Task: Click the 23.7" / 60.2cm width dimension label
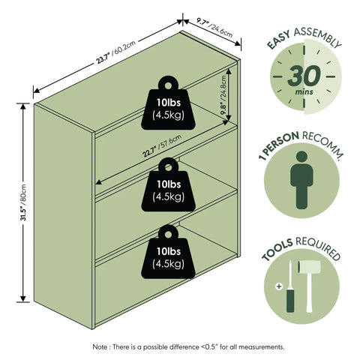[116, 52]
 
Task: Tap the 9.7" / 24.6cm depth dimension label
[214, 28]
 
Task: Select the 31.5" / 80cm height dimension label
[23, 202]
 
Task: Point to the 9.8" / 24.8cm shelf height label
[223, 95]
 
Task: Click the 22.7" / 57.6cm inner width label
[162, 145]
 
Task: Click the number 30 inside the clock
[304, 76]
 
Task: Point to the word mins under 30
[304, 91]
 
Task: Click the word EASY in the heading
[278, 40]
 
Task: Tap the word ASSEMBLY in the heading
[317, 37]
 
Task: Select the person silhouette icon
[301, 180]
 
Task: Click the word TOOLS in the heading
[277, 250]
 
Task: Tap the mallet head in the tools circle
[309, 267]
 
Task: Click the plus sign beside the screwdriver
[279, 286]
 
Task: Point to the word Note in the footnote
[100, 347]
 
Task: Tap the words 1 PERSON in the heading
[278, 145]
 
